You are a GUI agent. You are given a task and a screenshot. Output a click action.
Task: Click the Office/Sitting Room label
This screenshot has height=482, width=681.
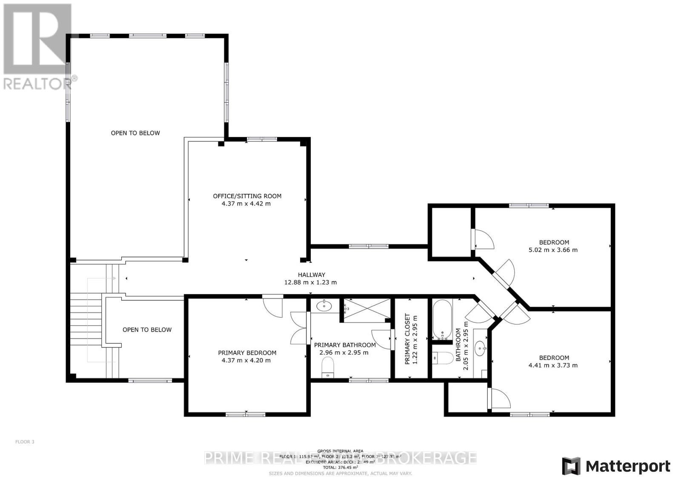point(247,196)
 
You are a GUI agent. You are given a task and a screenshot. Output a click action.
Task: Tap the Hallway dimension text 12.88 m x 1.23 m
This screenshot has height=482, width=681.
point(310,282)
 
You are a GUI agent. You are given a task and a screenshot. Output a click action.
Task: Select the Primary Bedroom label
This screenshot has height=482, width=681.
point(247,353)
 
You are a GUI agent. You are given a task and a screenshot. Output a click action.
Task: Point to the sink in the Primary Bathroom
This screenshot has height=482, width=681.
point(325,305)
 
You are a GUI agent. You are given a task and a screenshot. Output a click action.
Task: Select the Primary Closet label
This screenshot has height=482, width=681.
point(407,339)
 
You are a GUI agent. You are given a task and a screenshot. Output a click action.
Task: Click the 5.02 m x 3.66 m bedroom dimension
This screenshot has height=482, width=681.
point(553,250)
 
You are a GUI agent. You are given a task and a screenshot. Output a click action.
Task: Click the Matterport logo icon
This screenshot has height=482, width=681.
point(571,466)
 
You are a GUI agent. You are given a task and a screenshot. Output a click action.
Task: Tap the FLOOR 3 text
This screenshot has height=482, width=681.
point(25,442)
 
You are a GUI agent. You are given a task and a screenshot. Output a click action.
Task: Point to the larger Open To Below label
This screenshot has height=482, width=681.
point(135,133)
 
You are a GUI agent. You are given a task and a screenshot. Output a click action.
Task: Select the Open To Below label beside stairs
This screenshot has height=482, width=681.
point(147,330)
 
